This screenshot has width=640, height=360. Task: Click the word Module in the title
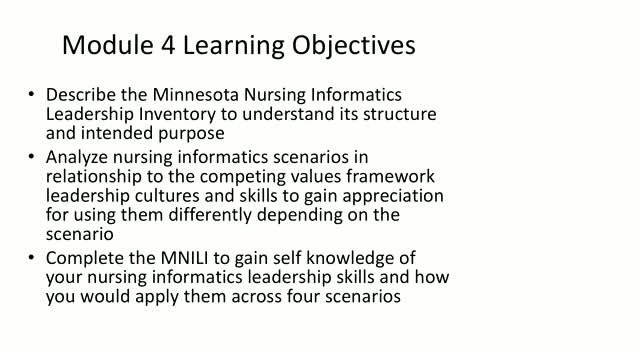pyautogui.click(x=108, y=44)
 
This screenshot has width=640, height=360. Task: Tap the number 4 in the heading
pyautogui.click(x=168, y=45)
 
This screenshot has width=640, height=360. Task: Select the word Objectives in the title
pyautogui.click(x=353, y=45)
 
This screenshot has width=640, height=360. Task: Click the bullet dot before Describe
pyautogui.click(x=31, y=94)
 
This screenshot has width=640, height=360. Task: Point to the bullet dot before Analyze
pyautogui.click(x=31, y=157)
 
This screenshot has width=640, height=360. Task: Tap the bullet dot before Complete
pyautogui.click(x=31, y=258)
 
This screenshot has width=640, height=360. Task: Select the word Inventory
pyautogui.click(x=177, y=114)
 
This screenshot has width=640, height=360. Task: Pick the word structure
pyautogui.click(x=400, y=114)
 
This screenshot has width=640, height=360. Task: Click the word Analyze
pyautogui.click(x=77, y=158)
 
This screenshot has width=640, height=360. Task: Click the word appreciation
pyautogui.click(x=393, y=196)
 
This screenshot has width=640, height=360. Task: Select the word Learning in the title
pyautogui.click(x=233, y=46)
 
